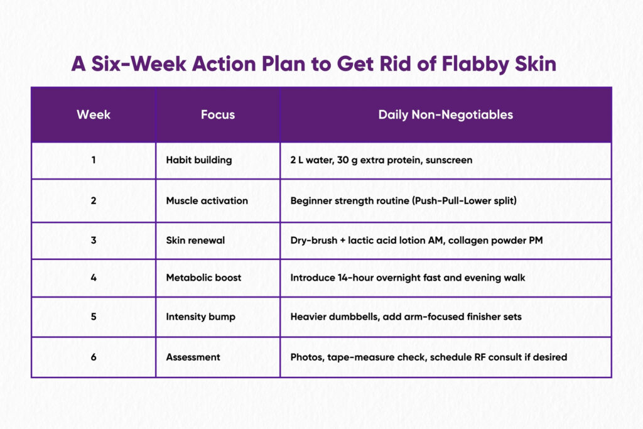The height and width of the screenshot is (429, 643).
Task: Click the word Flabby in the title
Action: click(475, 65)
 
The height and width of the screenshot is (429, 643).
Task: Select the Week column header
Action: click(94, 114)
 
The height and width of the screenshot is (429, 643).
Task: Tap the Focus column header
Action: click(218, 114)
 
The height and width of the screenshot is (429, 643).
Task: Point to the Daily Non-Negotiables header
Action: click(445, 115)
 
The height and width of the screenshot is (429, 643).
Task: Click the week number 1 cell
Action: click(94, 160)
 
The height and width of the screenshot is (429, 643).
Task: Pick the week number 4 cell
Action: click(94, 278)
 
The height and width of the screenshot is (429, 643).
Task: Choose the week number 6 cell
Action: click(94, 357)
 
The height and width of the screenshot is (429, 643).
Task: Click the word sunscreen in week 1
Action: click(449, 160)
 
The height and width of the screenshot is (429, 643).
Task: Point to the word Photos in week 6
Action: click(307, 357)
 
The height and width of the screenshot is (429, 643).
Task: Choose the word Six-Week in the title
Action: click(139, 64)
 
